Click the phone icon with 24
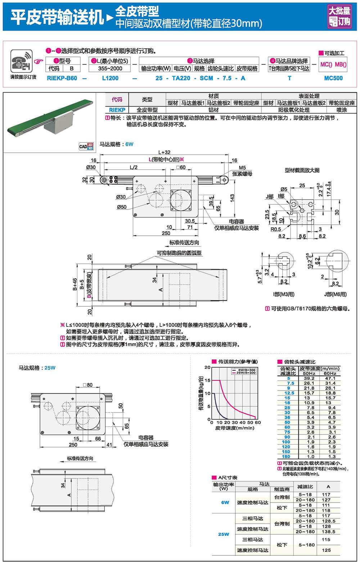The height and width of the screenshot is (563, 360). [21, 62]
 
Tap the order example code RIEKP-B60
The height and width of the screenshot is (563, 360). [62, 78]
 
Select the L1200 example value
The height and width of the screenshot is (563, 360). [110, 78]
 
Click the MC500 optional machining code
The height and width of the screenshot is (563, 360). [333, 78]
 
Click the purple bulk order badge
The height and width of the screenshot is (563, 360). [339, 17]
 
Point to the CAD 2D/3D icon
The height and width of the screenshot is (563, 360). [86, 146]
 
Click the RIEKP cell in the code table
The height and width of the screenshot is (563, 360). [117, 110]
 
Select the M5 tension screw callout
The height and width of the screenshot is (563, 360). [242, 168]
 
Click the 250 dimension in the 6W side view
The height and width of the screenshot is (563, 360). [166, 233]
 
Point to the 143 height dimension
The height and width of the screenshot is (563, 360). [232, 198]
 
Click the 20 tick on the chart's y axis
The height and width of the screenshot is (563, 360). [207, 367]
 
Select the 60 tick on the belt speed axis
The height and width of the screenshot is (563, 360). [258, 422]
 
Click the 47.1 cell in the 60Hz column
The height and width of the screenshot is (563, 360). [330, 378]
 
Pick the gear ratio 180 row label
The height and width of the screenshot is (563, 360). [286, 456]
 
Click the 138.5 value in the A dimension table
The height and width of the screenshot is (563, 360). [328, 531]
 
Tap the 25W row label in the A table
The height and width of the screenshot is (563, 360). [224, 534]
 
